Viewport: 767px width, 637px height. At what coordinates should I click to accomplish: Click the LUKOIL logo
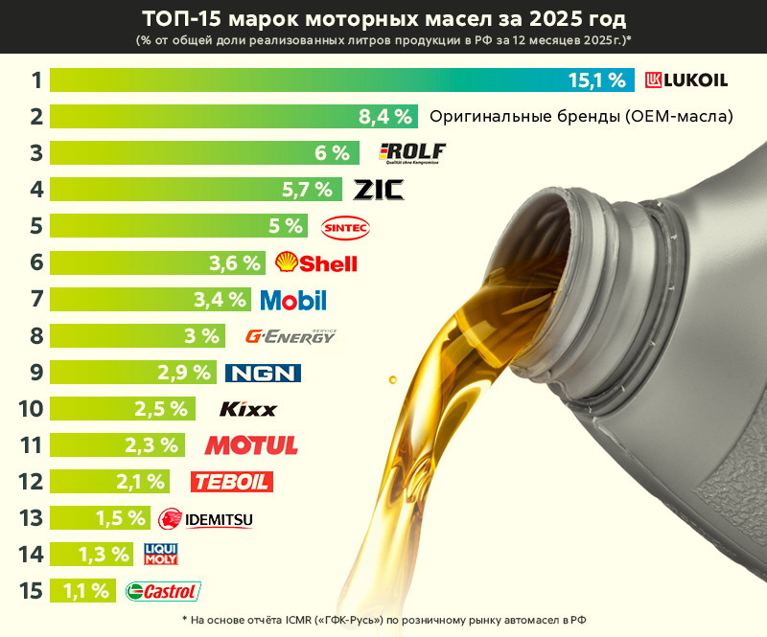coord(686,80)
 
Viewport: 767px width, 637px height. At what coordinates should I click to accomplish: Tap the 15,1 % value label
coord(597,80)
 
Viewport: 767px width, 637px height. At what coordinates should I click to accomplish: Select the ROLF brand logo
coord(413,153)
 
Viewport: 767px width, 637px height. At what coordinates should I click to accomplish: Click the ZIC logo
coord(379,190)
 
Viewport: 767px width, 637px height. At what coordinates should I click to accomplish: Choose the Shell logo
coord(316,262)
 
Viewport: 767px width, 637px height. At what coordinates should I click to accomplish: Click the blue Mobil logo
coord(293,300)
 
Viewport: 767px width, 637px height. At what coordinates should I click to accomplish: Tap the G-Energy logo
coord(291,336)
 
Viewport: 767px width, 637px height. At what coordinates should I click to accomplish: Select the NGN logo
coord(263,373)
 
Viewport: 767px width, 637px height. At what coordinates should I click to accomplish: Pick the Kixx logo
coord(247,409)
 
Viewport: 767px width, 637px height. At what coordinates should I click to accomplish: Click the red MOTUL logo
coord(251,445)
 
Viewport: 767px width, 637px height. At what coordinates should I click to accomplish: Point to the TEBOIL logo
coord(231,482)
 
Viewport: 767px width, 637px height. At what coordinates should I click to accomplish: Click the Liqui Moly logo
coord(160,554)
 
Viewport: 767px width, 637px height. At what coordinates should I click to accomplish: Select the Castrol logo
coord(163,591)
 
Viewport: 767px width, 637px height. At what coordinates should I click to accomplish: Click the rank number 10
coord(31,409)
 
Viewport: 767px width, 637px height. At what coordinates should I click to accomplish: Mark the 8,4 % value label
coord(385,117)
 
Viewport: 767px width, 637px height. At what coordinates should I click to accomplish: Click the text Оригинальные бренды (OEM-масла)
coord(581,117)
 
